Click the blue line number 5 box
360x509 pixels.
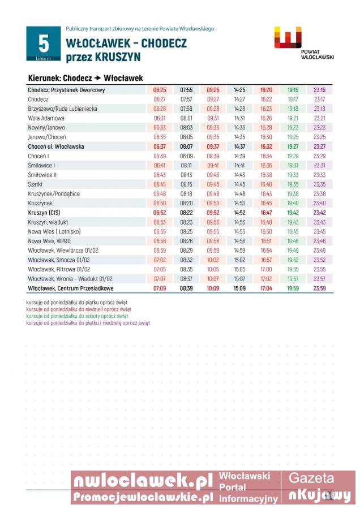(44, 44)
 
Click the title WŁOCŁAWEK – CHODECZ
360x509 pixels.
(126, 44)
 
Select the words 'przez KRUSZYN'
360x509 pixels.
(103, 57)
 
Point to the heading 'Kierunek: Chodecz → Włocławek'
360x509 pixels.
(85, 78)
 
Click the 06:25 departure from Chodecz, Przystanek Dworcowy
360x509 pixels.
(160, 90)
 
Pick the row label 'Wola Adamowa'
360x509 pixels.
(46, 118)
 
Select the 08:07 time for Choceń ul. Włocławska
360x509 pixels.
(186, 146)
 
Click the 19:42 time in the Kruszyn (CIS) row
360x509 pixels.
(293, 213)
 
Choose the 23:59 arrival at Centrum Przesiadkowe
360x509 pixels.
(319, 288)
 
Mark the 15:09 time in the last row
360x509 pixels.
(239, 288)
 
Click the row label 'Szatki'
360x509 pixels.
(36, 184)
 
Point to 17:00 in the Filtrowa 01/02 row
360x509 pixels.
(266, 269)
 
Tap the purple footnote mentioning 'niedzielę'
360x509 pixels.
(88, 323)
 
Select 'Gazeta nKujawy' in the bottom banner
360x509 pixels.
(319, 488)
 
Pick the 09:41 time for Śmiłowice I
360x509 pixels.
(213, 165)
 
